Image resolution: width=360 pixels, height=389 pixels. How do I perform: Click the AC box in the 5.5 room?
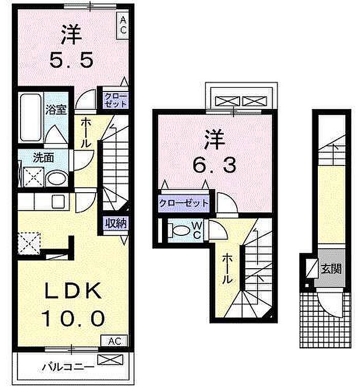(123, 25)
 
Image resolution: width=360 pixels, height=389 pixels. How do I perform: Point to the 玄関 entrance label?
(331, 268)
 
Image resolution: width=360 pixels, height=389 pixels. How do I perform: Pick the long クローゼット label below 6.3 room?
(184, 202)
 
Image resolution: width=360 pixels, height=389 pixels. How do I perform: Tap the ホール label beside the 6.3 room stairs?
(226, 270)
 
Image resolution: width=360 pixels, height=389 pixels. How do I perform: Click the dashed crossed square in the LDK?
(29, 243)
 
